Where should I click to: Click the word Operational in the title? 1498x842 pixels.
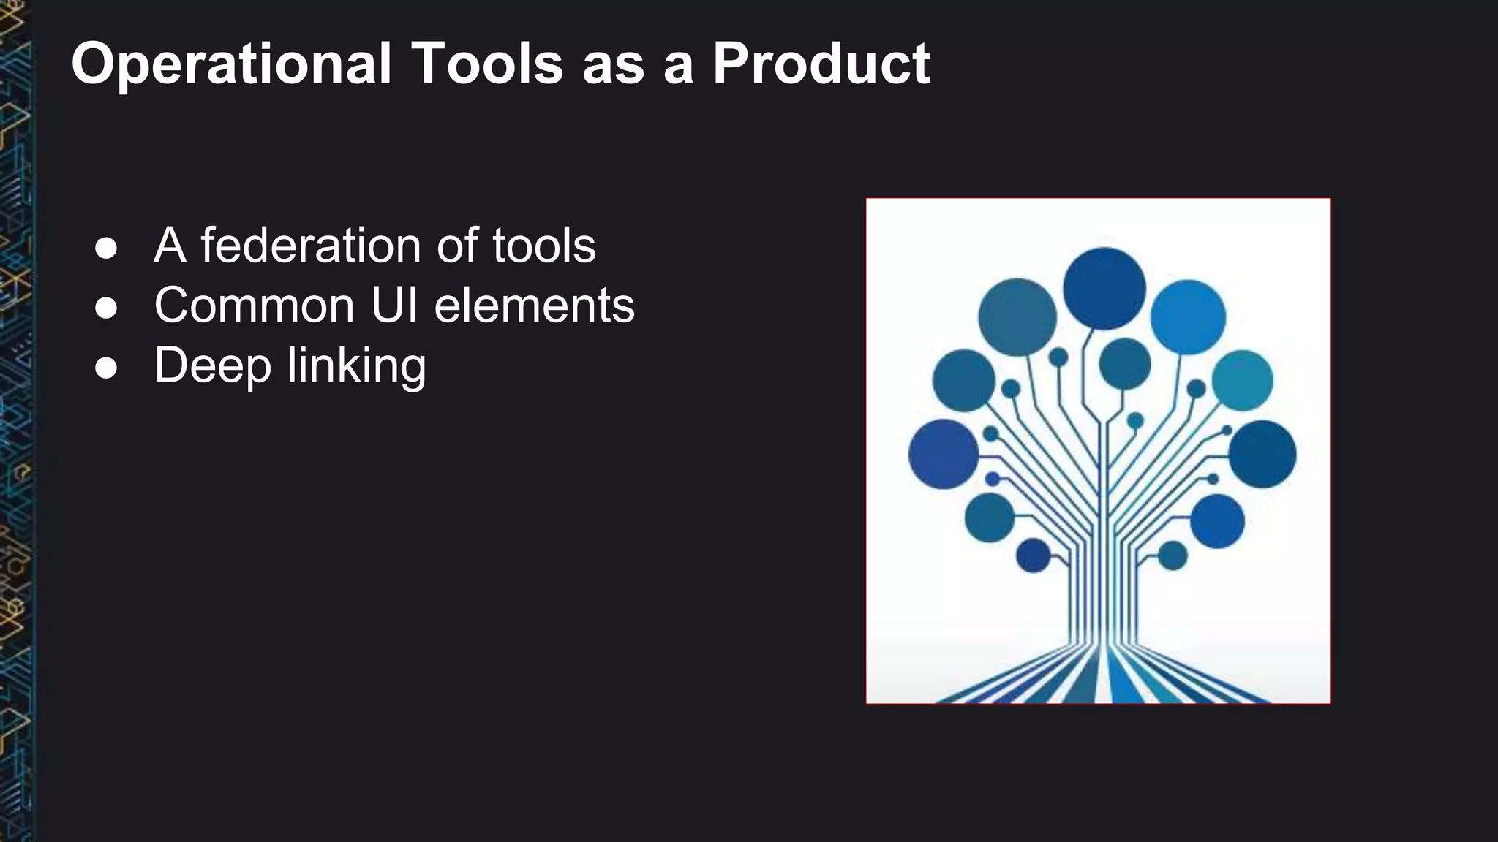click(231, 64)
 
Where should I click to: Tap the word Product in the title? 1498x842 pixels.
click(821, 64)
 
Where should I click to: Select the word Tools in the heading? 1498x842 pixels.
click(487, 64)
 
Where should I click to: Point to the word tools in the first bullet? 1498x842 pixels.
click(543, 246)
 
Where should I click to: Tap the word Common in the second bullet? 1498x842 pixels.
click(254, 306)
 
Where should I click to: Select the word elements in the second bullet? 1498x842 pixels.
click(534, 306)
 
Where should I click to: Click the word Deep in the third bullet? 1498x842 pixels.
click(212, 366)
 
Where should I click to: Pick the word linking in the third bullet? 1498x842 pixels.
click(356, 366)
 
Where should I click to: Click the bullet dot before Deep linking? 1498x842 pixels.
click(106, 368)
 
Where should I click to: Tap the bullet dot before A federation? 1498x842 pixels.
click(106, 248)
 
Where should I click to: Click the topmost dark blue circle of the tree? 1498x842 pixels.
click(1104, 288)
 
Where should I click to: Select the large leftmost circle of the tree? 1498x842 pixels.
click(944, 454)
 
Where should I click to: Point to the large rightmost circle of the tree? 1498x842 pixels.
click(1262, 454)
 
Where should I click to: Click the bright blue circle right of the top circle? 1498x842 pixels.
click(1188, 317)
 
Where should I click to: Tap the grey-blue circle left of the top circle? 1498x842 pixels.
click(1017, 317)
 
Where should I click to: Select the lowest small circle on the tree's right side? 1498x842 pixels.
click(1173, 555)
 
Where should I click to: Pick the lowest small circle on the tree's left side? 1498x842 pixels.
click(1033, 555)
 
